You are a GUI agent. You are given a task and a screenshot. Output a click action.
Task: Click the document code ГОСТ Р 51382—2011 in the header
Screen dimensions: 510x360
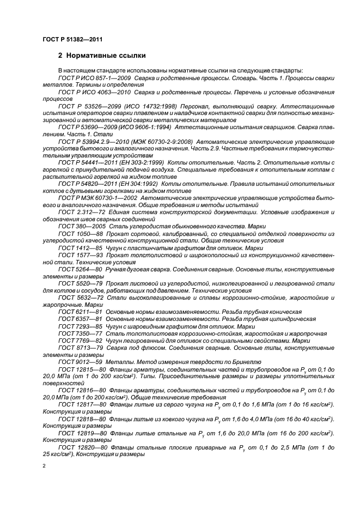pos(72,39)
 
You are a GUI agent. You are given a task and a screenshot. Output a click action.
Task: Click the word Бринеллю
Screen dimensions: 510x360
pos(247,362)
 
